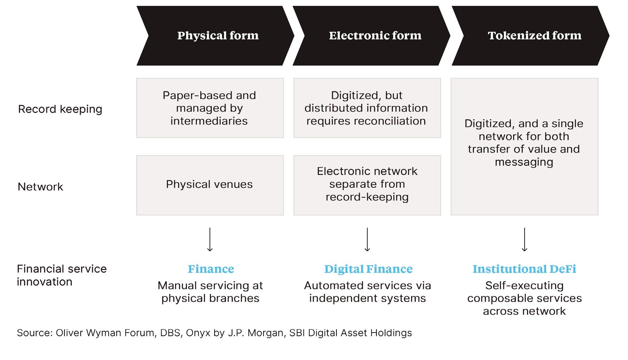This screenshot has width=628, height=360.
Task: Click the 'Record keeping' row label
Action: (60, 109)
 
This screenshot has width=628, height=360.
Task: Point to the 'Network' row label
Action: (40, 187)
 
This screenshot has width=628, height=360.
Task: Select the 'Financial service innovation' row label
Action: (62, 275)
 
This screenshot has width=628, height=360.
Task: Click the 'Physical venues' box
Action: (210, 185)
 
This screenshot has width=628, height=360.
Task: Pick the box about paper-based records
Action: (210, 108)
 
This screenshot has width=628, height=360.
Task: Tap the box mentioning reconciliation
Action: (367, 108)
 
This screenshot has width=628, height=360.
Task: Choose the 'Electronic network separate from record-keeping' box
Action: (367, 185)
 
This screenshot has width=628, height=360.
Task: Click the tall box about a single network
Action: (524, 146)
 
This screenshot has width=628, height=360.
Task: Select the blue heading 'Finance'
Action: (211, 269)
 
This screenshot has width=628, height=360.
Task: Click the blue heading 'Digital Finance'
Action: (368, 269)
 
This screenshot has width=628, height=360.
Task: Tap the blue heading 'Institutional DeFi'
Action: (524, 269)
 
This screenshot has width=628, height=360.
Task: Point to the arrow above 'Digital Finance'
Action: (367, 239)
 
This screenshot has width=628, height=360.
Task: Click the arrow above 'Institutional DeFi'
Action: (524, 239)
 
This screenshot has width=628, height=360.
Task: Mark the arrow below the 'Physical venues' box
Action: (210, 239)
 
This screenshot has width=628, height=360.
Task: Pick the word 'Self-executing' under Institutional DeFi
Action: (524, 285)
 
